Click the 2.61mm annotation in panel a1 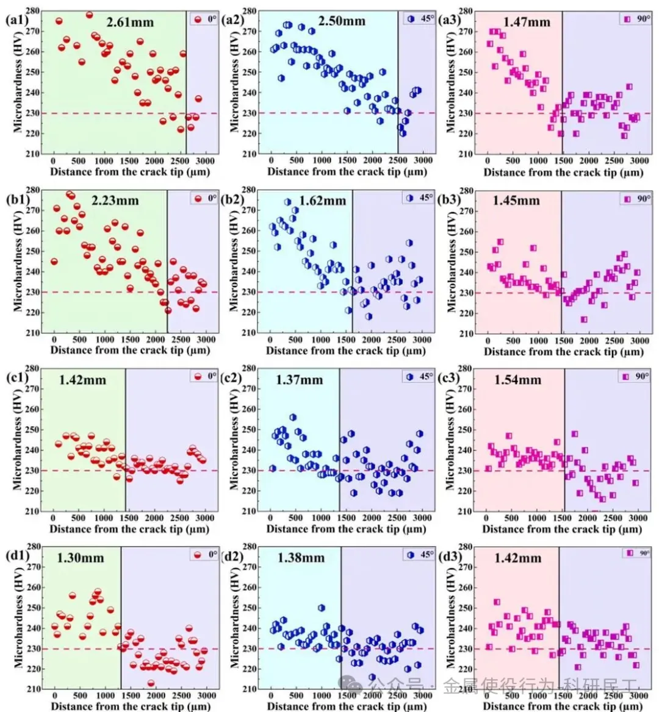pyautogui.click(x=130, y=23)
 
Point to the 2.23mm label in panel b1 pyautogui.click(x=115, y=201)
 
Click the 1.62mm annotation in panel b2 pyautogui.click(x=322, y=201)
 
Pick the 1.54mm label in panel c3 pyautogui.click(x=517, y=380)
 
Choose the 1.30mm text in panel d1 pyautogui.click(x=81, y=558)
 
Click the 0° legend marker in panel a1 pyautogui.click(x=198, y=19)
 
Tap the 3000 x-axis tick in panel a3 pyautogui.click(x=639, y=160)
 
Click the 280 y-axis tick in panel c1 pyautogui.click(x=32, y=368)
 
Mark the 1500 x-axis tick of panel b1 pyautogui.click(x=129, y=340)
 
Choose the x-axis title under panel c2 pyautogui.click(x=346, y=529)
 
